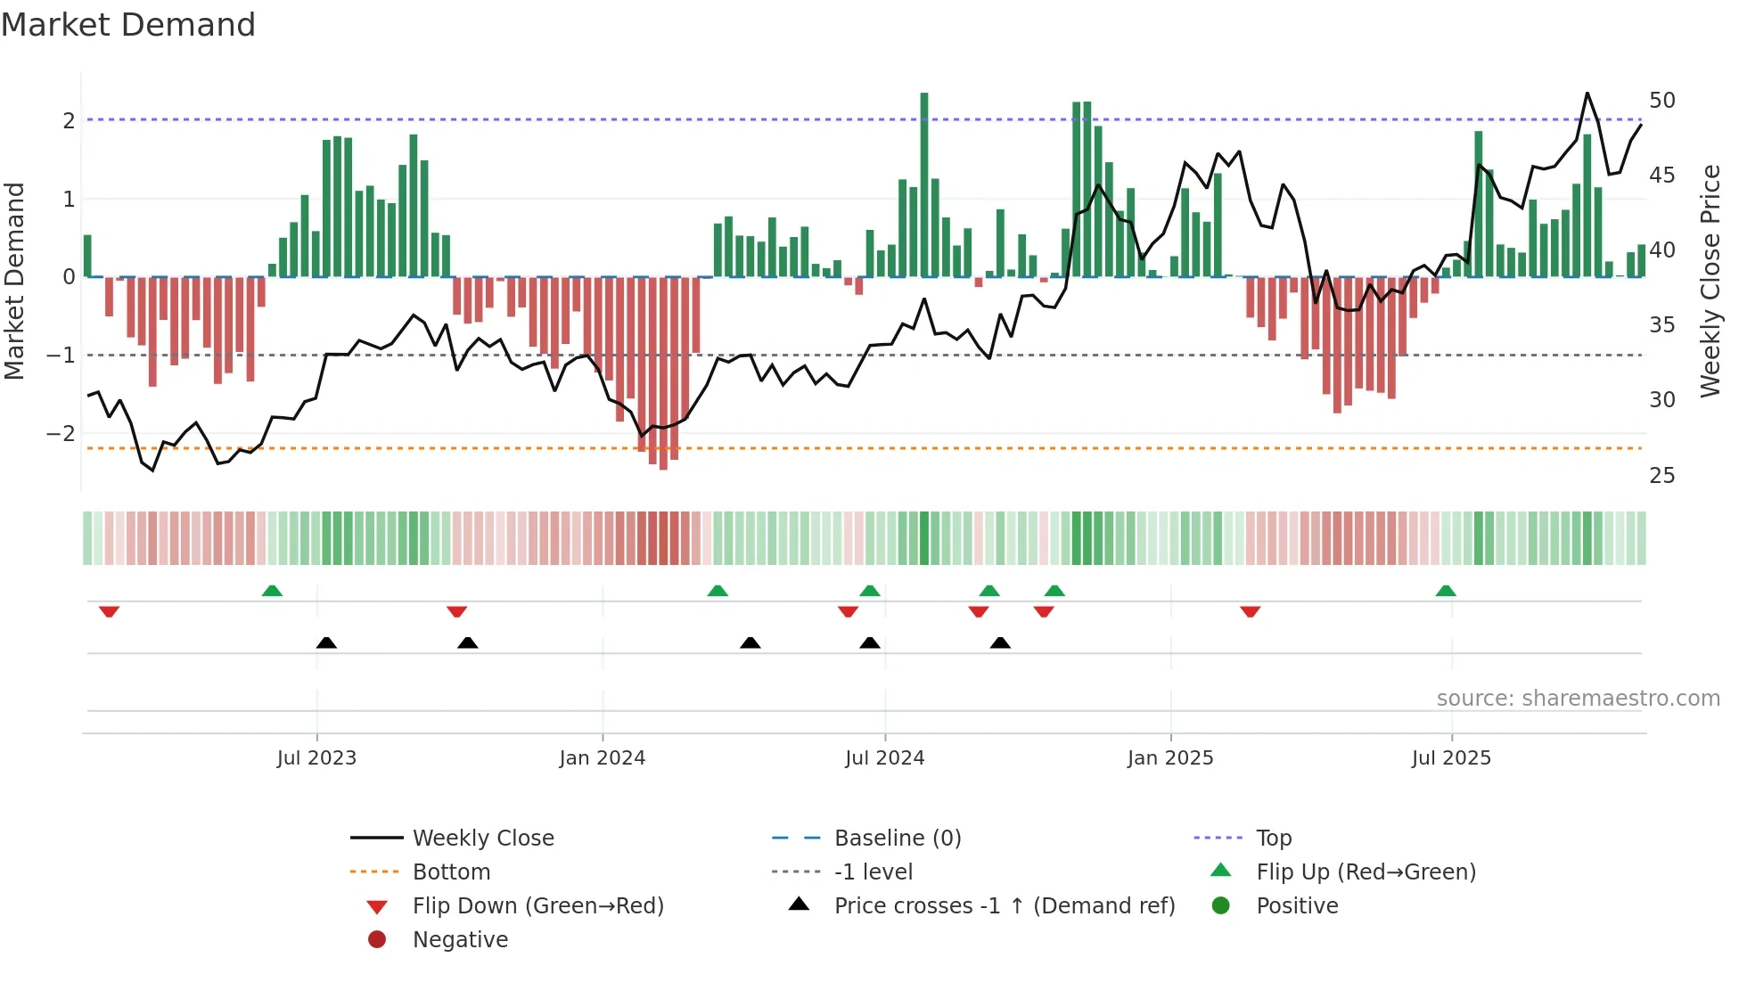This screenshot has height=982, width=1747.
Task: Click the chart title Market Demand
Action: pyautogui.click(x=128, y=25)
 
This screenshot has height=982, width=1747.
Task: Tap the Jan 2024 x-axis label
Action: pyautogui.click(x=602, y=758)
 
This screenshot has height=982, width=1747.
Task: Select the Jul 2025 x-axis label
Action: pyautogui.click(x=1451, y=758)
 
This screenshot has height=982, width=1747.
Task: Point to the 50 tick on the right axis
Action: pyautogui.click(x=1661, y=101)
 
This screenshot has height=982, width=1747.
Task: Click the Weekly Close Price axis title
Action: pyautogui.click(x=1710, y=281)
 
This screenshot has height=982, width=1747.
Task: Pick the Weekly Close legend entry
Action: pyautogui.click(x=482, y=839)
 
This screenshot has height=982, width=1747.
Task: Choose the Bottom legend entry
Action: pyautogui.click(x=451, y=872)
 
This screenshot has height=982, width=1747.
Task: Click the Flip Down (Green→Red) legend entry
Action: pyautogui.click(x=537, y=906)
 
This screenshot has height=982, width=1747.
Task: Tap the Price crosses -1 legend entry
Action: pyautogui.click(x=1004, y=906)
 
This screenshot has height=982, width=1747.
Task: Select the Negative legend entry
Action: pyautogui.click(x=460, y=940)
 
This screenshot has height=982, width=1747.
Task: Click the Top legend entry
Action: pyautogui.click(x=1274, y=839)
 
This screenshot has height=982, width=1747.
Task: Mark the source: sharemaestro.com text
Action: pyautogui.click(x=1578, y=699)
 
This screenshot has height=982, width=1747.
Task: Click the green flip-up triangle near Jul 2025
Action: pyautogui.click(x=1446, y=591)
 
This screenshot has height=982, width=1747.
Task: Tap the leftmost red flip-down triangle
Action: pyautogui.click(x=109, y=611)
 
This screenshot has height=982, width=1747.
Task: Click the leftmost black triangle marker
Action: pyautogui.click(x=326, y=642)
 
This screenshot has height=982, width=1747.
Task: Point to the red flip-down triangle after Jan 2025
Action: pyautogui.click(x=1250, y=611)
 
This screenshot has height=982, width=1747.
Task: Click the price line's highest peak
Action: pyautogui.click(x=1587, y=94)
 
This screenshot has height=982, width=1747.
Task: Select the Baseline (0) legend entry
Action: pyautogui.click(x=897, y=839)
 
